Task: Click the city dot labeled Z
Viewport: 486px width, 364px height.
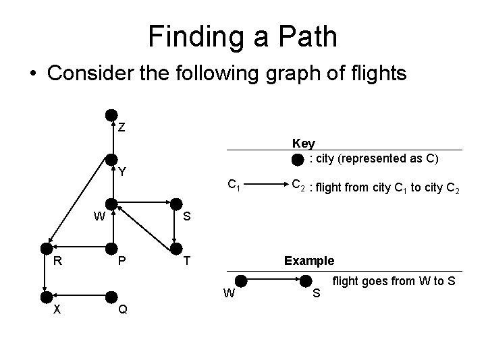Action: pos(111,115)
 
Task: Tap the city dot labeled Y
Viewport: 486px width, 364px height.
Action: pos(111,159)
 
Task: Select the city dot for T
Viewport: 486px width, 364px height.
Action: pos(175,247)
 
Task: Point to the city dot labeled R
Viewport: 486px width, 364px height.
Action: pos(46,247)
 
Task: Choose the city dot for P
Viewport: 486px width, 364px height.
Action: pos(112,247)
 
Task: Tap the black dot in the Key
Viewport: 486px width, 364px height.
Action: pos(298,160)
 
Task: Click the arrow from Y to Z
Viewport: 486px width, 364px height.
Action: pos(111,138)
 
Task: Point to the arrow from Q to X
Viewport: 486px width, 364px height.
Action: pos(79,295)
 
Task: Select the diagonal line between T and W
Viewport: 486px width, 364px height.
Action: pos(144,224)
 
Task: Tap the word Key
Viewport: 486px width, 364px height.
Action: pos(303,143)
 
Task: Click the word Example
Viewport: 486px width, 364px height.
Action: pos(309,261)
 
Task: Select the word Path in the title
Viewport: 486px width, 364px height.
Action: pos(301,36)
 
